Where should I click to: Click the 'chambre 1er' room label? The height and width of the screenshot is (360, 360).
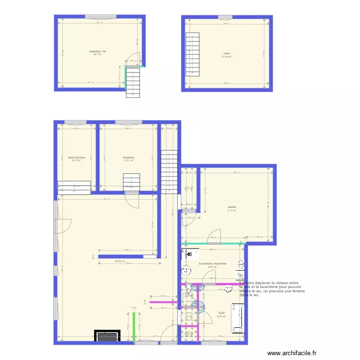pos(97,51)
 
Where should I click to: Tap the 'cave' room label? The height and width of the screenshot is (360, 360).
pos(227,53)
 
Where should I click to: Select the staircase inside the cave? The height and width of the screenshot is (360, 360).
pos(192,54)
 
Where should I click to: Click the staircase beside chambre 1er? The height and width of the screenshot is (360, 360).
pos(133,82)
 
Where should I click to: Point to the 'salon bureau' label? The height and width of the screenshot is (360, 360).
pos(76,157)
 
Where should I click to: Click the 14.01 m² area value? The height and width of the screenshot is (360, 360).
pos(128,161)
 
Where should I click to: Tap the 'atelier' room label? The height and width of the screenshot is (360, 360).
pos(233,207)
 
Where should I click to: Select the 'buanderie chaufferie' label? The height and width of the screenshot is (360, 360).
pos(213,264)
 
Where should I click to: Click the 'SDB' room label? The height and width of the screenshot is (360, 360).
pos(221,312)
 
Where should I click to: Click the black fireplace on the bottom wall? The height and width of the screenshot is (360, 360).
pos(107,336)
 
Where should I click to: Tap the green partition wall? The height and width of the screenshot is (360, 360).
pos(134,327)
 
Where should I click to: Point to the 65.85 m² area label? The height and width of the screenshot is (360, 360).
pos(120,261)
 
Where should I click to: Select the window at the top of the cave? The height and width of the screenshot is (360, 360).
pos(225,18)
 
